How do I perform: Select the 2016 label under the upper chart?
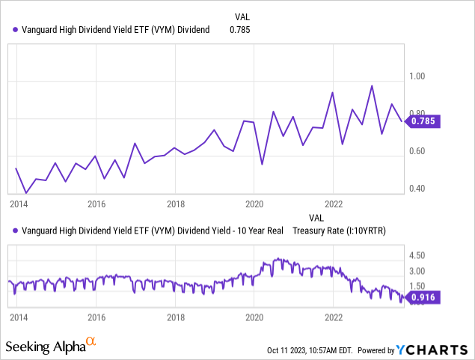[x=96, y=204]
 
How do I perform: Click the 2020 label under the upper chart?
[x=254, y=204]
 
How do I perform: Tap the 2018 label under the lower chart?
[x=175, y=317]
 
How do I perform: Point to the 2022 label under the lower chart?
[x=334, y=317]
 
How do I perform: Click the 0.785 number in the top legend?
[x=239, y=30]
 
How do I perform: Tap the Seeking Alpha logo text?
[x=46, y=347]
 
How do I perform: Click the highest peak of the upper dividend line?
[x=372, y=85]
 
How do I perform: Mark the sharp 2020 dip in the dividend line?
[x=262, y=164]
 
